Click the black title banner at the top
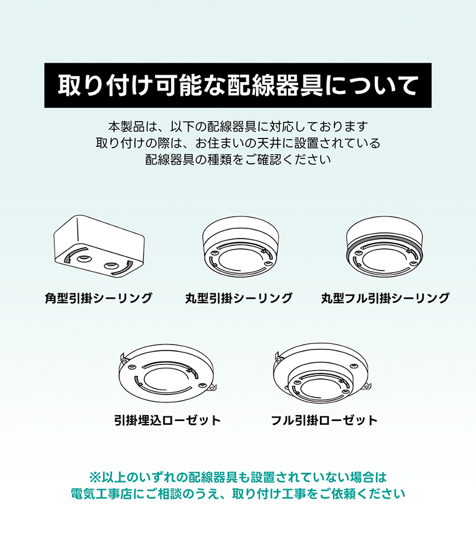coord(238,85)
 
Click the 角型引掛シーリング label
coord(99,298)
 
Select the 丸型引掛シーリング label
coord(239,298)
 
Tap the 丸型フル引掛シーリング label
coord(385,298)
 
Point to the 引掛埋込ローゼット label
coord(168,421)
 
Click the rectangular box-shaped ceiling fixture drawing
coord(99,246)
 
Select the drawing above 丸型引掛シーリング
coord(240,246)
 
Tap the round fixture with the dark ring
coord(385,246)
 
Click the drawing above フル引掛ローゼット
coord(322,374)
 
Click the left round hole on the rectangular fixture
coord(84,258)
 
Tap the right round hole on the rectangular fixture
coord(111,266)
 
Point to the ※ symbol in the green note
coord(95,478)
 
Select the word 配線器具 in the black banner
coord(275,85)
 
